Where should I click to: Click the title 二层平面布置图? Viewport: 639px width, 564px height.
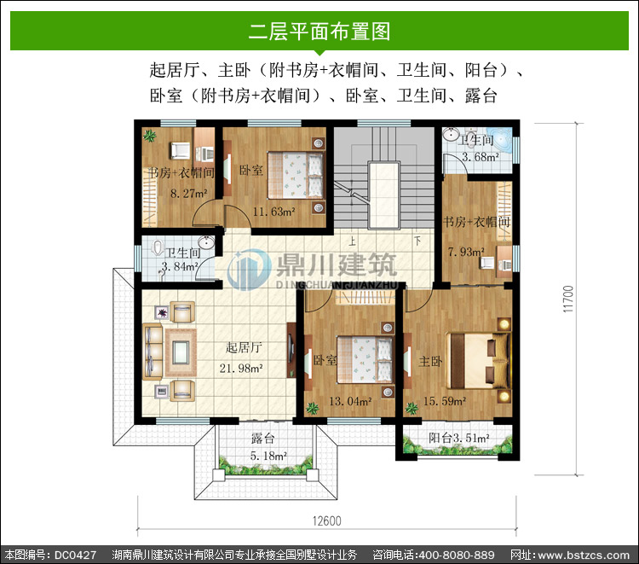tap(319, 32)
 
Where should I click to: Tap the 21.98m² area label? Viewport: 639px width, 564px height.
tap(241, 368)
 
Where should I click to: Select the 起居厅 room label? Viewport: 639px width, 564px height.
tap(244, 348)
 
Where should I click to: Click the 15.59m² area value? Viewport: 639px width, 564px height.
tap(445, 401)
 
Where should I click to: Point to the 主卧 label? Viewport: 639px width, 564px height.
tap(431, 361)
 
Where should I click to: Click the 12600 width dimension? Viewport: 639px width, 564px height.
tap(327, 521)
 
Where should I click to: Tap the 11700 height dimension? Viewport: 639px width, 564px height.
tap(568, 299)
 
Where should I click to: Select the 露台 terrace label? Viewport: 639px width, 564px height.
tap(263, 439)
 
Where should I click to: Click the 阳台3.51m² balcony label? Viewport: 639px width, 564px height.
tap(459, 439)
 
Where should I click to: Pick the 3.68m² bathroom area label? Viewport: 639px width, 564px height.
tap(481, 157)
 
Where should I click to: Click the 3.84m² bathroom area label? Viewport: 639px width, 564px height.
tap(180, 266)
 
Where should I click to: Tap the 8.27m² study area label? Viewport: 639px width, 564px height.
tap(189, 193)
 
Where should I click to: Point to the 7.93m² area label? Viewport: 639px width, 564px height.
tap(466, 252)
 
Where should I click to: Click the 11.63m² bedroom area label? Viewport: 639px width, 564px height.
tap(273, 212)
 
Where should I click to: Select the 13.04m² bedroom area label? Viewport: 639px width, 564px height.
tap(350, 401)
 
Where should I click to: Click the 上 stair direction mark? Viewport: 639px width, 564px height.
tap(352, 241)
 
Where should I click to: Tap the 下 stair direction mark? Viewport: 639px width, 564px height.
tap(417, 241)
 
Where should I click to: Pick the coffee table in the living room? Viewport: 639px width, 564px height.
tap(181, 352)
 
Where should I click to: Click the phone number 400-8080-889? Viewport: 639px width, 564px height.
tap(457, 555)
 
